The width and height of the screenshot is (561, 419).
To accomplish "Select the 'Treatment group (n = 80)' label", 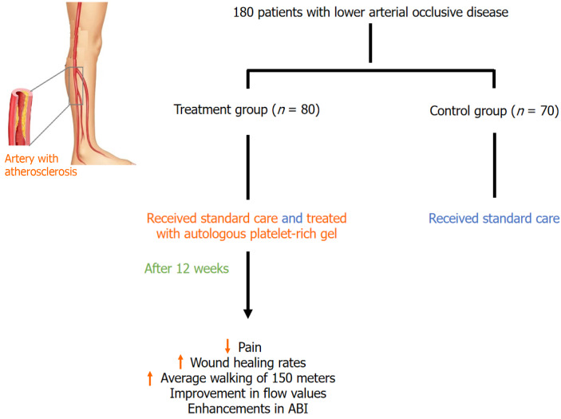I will click(247, 110).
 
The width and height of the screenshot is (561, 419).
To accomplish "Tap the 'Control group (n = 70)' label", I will click(493, 110).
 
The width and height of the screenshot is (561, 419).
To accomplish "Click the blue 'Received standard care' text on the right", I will click(493, 218).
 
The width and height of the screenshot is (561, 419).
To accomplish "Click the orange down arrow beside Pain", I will click(227, 346).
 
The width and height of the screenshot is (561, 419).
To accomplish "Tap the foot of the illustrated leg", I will click(112, 150).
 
